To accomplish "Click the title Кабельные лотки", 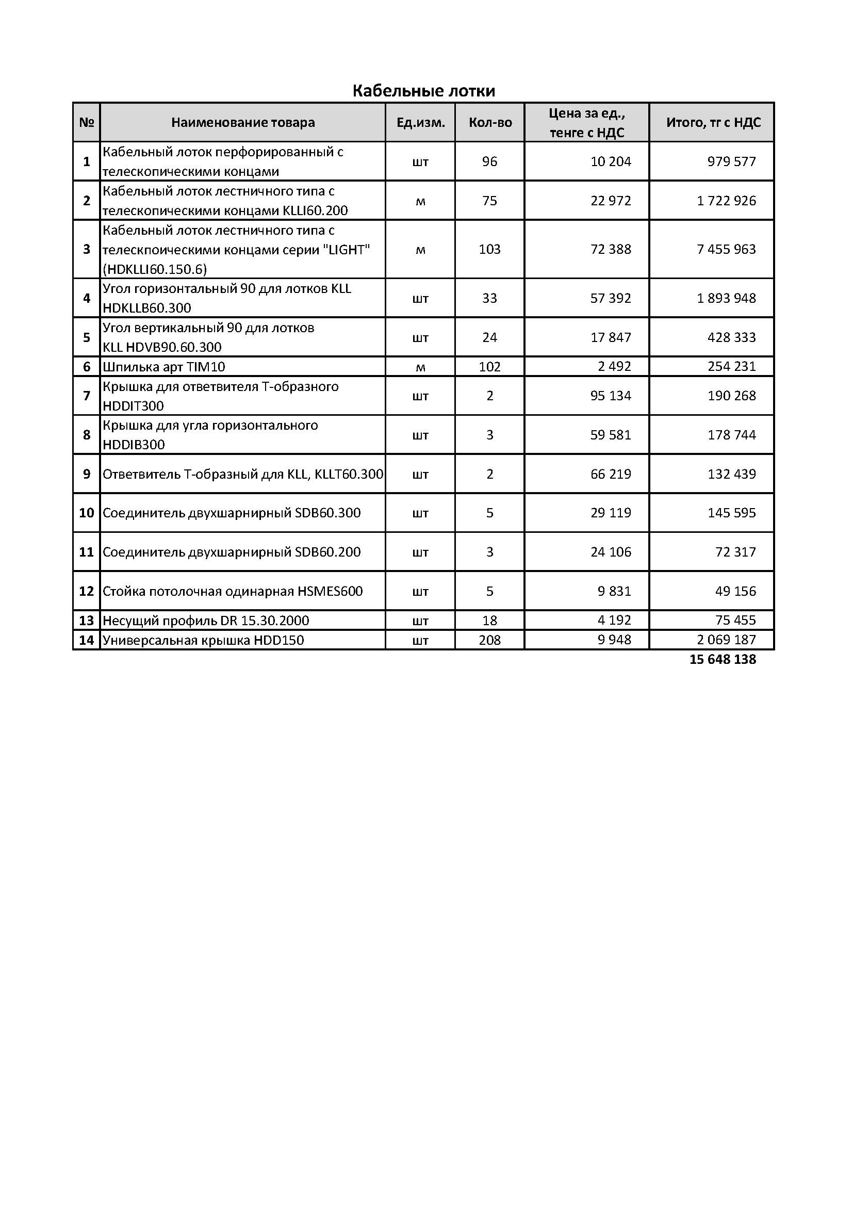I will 423,91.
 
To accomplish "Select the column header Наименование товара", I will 243,122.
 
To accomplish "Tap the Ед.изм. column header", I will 420,122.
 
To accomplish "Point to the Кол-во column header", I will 490,122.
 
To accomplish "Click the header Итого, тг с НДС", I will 713,122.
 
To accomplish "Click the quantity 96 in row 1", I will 489,161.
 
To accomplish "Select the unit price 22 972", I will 610,201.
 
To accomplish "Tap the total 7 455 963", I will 726,249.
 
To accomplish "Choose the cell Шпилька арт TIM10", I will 164,367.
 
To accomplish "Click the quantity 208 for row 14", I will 489,640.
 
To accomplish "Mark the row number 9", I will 87,474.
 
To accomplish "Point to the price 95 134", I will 610,396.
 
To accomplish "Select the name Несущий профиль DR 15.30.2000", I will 206,621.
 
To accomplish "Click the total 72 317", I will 735,551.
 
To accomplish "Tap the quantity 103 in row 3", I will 489,249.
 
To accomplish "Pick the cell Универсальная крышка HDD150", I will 203,640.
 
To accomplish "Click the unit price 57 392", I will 610,298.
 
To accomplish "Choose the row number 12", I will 86,591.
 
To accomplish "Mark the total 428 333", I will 731,337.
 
